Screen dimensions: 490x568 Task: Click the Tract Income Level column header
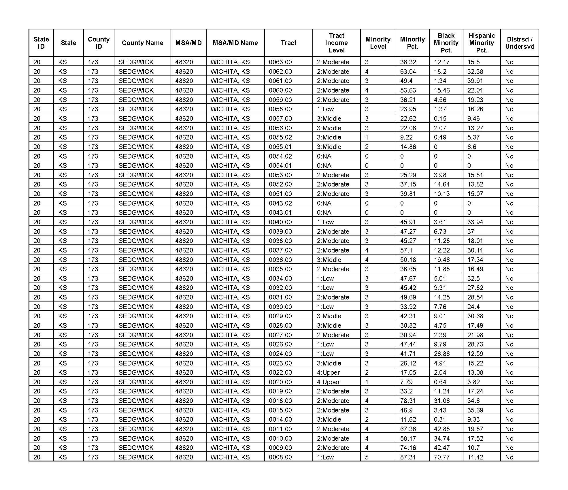pos(336,43)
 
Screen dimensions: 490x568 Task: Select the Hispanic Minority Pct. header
pos(482,43)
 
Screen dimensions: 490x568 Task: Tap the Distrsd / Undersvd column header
pos(520,43)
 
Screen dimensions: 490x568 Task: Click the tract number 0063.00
pos(280,62)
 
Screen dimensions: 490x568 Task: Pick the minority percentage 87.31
pos(408,457)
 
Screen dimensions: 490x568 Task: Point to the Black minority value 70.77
pos(441,457)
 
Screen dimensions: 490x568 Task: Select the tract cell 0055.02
pos(280,137)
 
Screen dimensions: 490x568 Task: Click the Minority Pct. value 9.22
pos(406,137)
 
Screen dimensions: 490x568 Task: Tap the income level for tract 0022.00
pos(328,372)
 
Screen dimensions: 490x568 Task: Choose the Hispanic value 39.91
pos(475,81)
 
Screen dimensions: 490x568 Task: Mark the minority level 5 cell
pos(367,457)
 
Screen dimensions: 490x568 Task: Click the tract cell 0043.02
pos(280,203)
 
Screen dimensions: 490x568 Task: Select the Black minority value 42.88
pos(441,429)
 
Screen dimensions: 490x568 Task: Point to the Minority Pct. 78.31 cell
pos(408,401)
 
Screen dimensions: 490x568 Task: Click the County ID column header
pos(99,43)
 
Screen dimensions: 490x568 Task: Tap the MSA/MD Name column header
pos(235,43)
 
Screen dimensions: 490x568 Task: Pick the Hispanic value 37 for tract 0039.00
pos(471,231)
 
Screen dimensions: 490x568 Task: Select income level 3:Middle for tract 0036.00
pos(329,260)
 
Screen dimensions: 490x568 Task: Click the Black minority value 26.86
pos(441,354)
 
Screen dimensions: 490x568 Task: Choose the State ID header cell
pos(41,43)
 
